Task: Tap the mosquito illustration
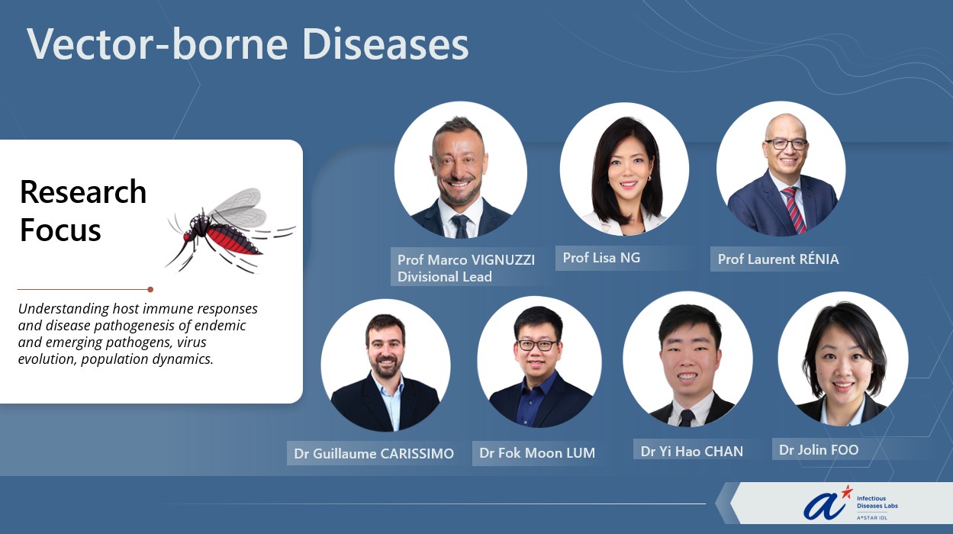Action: (230, 230)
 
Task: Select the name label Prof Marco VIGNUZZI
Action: (466, 259)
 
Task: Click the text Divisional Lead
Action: (445, 277)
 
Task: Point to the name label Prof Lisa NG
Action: (601, 257)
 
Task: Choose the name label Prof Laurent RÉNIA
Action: (778, 259)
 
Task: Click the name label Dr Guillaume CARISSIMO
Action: (374, 454)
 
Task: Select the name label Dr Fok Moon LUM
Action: (537, 452)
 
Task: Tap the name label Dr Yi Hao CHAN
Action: (692, 451)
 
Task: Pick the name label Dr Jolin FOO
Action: (819, 450)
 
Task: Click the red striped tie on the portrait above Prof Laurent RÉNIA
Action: (794, 210)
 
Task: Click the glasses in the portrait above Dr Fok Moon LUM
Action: (536, 345)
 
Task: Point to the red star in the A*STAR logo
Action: (847, 492)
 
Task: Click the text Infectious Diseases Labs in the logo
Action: (877, 502)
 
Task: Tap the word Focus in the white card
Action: (60, 230)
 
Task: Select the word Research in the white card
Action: (83, 192)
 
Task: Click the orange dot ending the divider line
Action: (150, 289)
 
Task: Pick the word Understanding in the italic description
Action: (63, 309)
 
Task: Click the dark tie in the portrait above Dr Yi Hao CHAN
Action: (687, 418)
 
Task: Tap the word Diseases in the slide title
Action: (385, 43)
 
